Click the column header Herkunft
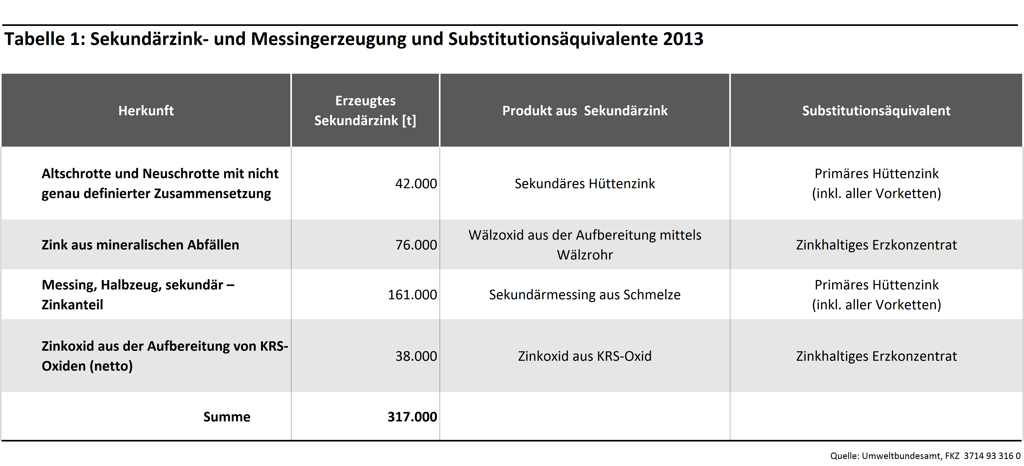tap(146, 110)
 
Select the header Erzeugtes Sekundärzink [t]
tap(365, 110)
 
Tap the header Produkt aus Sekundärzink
tap(585, 110)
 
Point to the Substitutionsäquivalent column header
tap(876, 110)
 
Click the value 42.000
tap(416, 184)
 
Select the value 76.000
tap(416, 245)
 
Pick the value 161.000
tap(412, 294)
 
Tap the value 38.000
tap(416, 356)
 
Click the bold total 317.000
tap(412, 417)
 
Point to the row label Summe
tap(227, 417)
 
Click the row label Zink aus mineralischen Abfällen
tap(140, 245)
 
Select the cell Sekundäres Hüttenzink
tap(585, 184)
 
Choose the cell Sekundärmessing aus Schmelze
tap(585, 294)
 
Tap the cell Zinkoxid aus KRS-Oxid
tap(585, 356)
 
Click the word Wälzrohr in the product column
tap(585, 255)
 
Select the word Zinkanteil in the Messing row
tap(72, 305)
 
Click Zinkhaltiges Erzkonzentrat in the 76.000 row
tap(876, 245)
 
